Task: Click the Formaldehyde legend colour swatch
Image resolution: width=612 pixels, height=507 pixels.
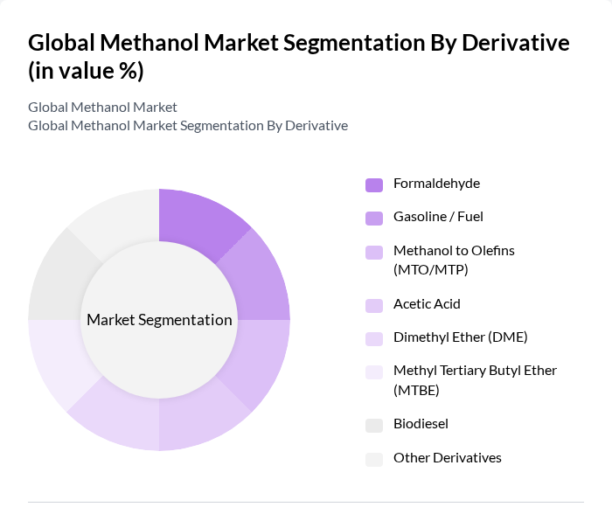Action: point(374,184)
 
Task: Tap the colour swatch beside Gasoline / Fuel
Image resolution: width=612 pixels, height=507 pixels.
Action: point(374,218)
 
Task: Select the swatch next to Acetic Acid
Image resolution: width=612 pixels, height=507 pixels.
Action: point(374,305)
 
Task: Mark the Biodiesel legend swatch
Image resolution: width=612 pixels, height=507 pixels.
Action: point(374,425)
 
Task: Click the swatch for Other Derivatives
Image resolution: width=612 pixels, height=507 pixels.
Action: point(374,459)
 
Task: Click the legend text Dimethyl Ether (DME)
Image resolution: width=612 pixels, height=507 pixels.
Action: point(460,337)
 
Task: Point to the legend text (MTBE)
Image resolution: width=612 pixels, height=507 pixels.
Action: point(416,390)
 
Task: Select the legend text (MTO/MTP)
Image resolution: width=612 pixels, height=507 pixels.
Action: point(431,269)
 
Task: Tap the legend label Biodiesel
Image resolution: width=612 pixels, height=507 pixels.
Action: point(421,424)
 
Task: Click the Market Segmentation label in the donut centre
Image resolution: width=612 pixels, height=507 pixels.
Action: point(159,320)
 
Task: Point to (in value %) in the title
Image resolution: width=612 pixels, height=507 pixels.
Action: point(86,71)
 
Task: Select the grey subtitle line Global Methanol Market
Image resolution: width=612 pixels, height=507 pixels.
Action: point(102,107)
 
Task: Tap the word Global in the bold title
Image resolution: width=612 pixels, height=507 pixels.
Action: point(61,43)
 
